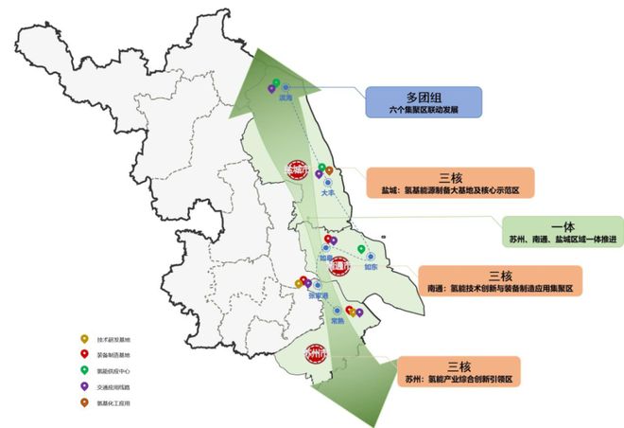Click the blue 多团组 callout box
pos(424,102)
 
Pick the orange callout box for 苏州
pos(459,370)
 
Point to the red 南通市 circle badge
pos(339,268)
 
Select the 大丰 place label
pos(329,191)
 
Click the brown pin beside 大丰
pos(329,171)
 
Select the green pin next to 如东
pos(361,249)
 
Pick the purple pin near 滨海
pos(271,89)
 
